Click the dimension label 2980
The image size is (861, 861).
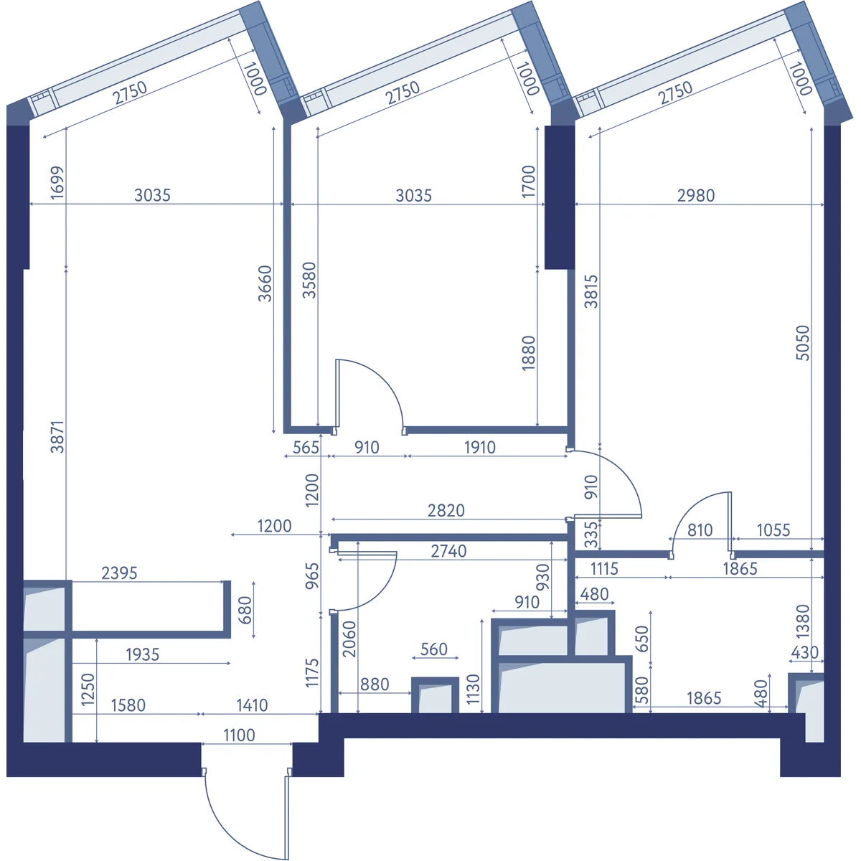[x=696, y=195]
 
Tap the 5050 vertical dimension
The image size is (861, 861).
[x=802, y=343]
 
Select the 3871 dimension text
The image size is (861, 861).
[x=57, y=437]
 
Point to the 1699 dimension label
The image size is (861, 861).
[x=57, y=182]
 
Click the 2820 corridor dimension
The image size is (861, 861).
[x=446, y=510]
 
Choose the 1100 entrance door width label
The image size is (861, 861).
[x=239, y=735]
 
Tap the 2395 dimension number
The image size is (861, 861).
[x=119, y=573]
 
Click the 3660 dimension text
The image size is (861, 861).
[x=265, y=283]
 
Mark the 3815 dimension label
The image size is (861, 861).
[x=591, y=291]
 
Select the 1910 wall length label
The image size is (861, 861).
[x=480, y=447]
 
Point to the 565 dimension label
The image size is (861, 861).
[x=306, y=447]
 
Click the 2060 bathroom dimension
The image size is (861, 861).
[x=349, y=639]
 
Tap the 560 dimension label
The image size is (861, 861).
[x=434, y=649]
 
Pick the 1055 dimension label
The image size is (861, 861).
[x=773, y=530]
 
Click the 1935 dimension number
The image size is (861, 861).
[x=143, y=654]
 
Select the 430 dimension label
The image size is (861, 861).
[x=804, y=652]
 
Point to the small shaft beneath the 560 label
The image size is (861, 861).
[x=435, y=696]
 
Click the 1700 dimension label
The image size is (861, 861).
[x=528, y=182]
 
